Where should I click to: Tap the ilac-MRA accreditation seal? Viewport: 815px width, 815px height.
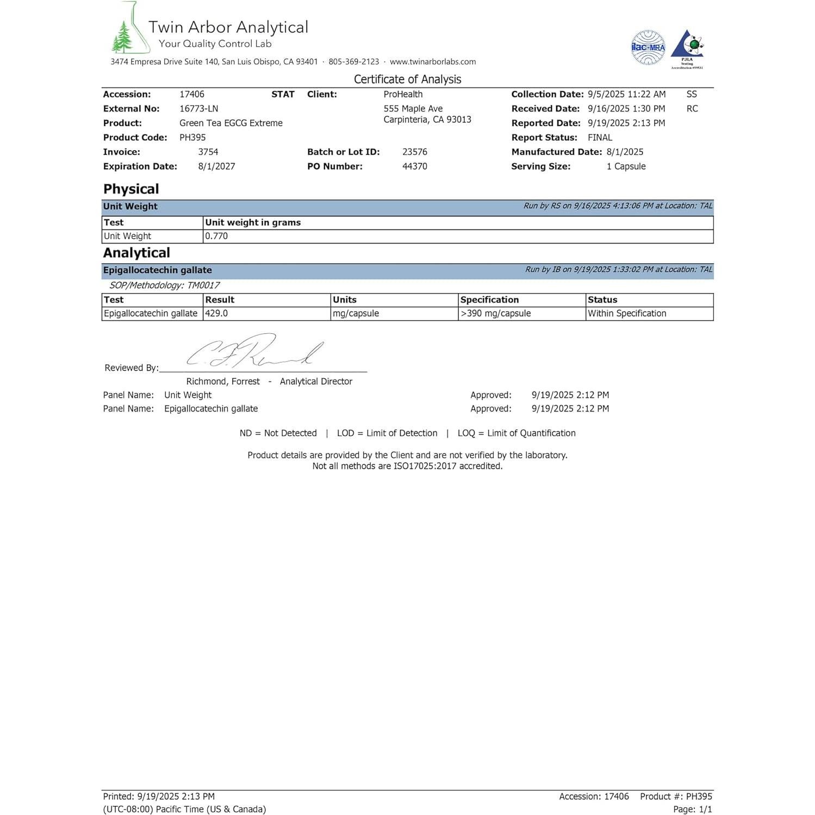point(648,48)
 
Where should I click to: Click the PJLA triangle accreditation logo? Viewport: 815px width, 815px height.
point(687,48)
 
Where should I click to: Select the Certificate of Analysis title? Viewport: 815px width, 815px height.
point(407,79)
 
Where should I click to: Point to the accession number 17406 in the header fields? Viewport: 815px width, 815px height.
point(192,94)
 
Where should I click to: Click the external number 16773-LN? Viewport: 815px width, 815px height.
point(199,109)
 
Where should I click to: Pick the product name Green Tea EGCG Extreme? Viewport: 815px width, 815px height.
point(231,123)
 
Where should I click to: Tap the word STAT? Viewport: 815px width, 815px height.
point(283,94)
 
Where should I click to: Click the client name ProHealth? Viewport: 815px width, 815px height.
point(403,94)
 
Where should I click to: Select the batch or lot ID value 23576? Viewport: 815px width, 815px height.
point(415,152)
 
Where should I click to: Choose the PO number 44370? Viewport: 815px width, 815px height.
point(415,166)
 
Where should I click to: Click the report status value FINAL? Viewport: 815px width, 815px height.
point(600,138)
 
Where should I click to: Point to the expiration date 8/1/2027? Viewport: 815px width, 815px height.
point(216,166)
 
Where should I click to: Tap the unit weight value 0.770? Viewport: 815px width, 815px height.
point(216,236)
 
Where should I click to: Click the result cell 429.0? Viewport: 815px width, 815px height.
point(216,313)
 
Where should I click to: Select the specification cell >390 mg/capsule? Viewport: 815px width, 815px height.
point(495,313)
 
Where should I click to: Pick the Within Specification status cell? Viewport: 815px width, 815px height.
point(627,313)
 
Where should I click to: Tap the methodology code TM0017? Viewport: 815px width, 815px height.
point(203,285)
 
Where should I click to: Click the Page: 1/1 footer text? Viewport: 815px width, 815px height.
point(692,809)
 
